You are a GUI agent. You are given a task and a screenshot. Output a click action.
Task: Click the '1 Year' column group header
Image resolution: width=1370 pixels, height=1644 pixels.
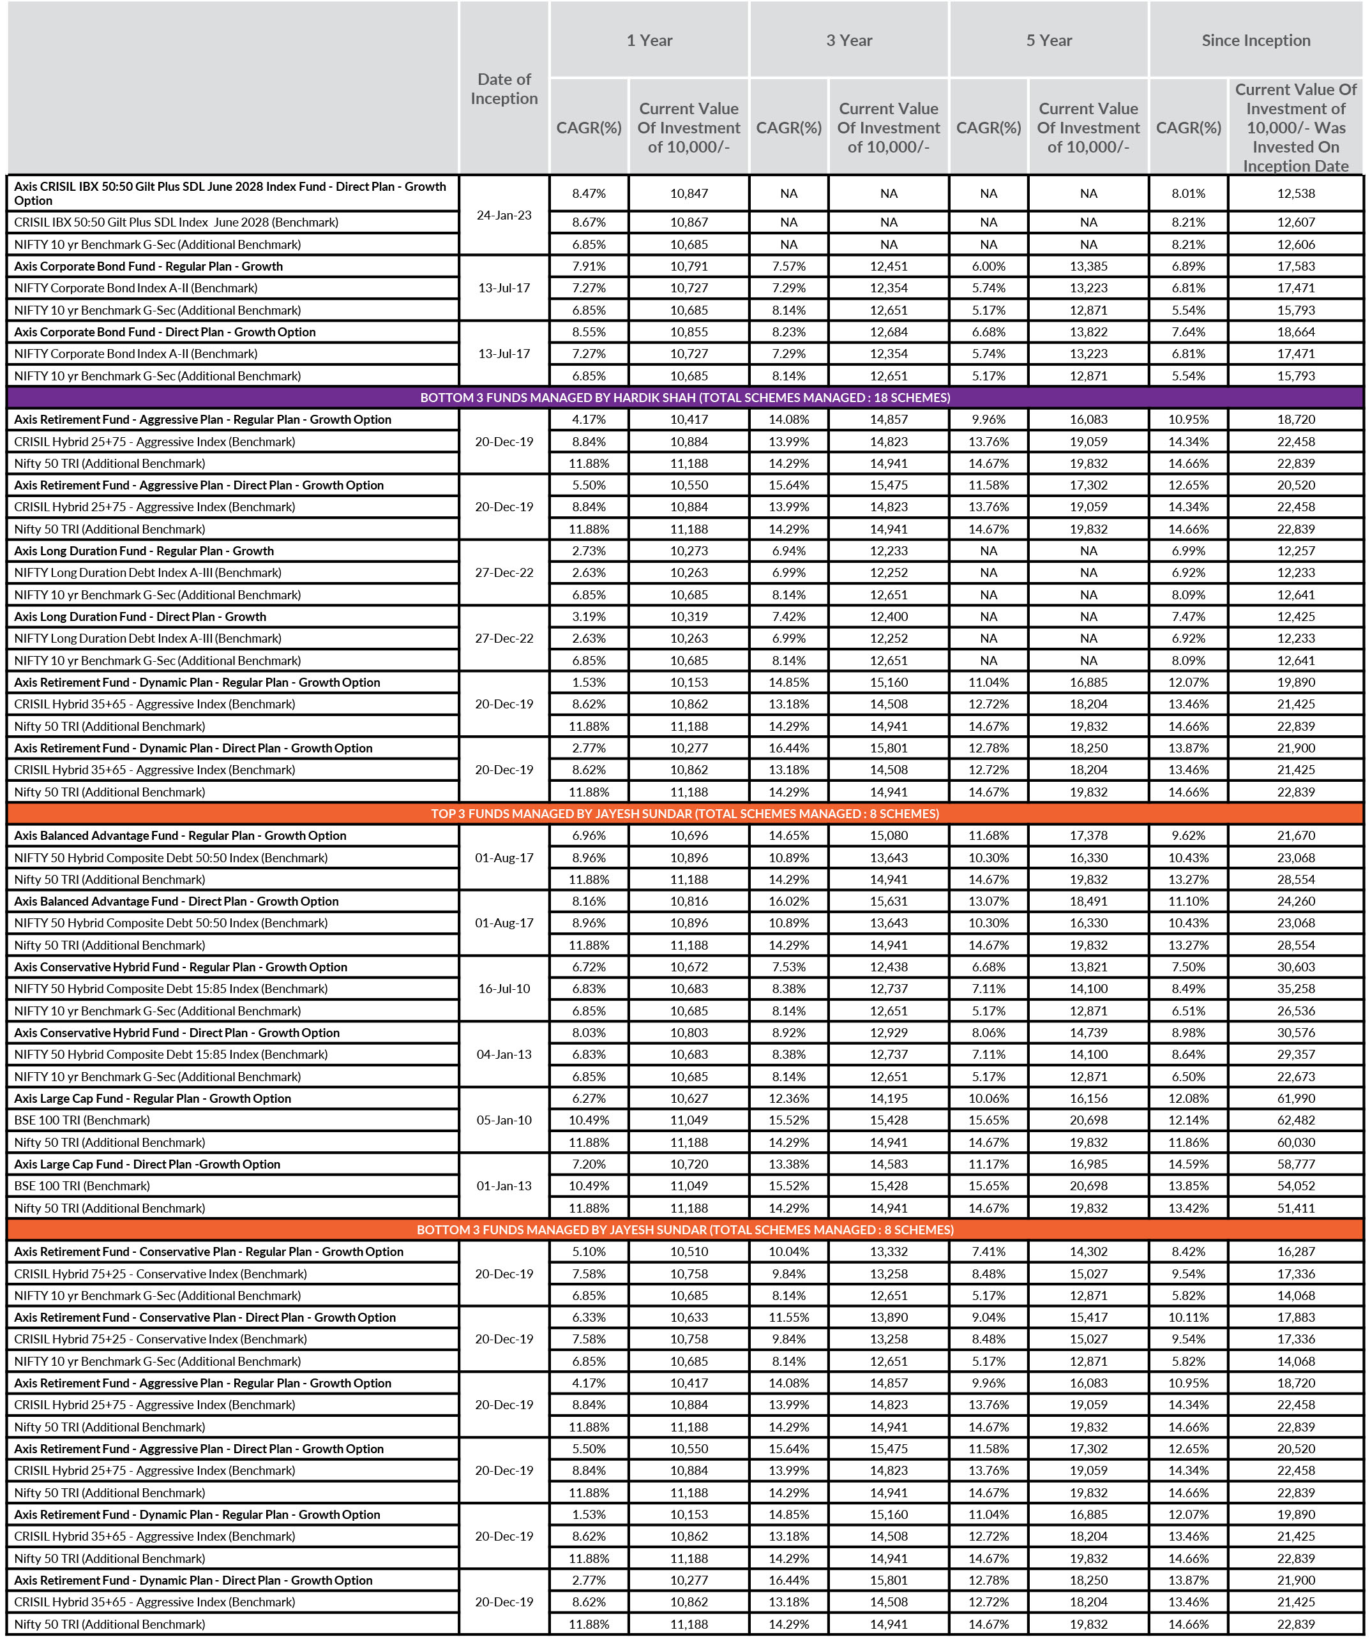pos(649,41)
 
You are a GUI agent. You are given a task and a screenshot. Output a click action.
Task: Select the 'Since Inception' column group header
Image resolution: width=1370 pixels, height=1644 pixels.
pos(1256,41)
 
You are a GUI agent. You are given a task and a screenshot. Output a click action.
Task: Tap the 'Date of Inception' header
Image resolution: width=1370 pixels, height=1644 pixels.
pos(504,89)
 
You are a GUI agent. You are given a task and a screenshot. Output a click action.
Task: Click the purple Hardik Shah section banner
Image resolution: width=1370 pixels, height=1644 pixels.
pos(684,398)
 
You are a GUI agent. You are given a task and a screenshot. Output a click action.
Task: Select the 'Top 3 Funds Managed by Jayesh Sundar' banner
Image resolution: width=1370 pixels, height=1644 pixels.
pos(684,814)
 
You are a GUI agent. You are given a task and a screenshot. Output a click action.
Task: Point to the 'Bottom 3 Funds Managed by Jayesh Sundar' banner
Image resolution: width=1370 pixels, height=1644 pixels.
pos(684,1230)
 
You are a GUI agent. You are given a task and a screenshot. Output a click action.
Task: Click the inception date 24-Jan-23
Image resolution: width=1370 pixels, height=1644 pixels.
pos(504,215)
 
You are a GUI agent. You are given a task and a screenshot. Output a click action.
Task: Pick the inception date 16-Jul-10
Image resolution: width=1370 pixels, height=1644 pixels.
pos(504,989)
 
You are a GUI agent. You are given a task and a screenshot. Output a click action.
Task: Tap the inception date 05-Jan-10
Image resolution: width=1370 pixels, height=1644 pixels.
pos(504,1120)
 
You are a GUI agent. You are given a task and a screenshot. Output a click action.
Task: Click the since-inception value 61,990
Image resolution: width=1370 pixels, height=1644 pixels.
pos(1295,1098)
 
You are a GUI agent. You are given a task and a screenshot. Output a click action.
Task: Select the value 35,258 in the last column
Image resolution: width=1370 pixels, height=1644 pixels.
pos(1295,989)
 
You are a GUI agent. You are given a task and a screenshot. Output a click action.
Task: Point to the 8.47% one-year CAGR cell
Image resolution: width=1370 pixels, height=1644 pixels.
pos(588,193)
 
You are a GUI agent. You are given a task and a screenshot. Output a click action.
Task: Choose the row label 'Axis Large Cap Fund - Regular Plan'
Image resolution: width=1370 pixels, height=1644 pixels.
pos(153,1098)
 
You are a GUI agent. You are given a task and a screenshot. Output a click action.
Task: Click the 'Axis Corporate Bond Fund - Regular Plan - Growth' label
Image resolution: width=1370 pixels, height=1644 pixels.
pos(149,266)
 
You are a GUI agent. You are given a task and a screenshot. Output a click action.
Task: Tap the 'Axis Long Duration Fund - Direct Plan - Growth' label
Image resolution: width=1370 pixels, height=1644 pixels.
pos(140,617)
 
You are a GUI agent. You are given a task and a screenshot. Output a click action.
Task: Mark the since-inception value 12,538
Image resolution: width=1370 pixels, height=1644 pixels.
pos(1295,193)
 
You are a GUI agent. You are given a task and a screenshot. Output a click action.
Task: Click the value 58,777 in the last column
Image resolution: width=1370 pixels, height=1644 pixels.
pos(1295,1164)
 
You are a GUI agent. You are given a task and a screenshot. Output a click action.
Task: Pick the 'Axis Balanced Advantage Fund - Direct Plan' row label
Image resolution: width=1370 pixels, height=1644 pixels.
pos(176,901)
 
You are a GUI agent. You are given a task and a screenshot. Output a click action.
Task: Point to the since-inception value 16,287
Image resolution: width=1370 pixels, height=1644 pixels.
pos(1295,1252)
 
